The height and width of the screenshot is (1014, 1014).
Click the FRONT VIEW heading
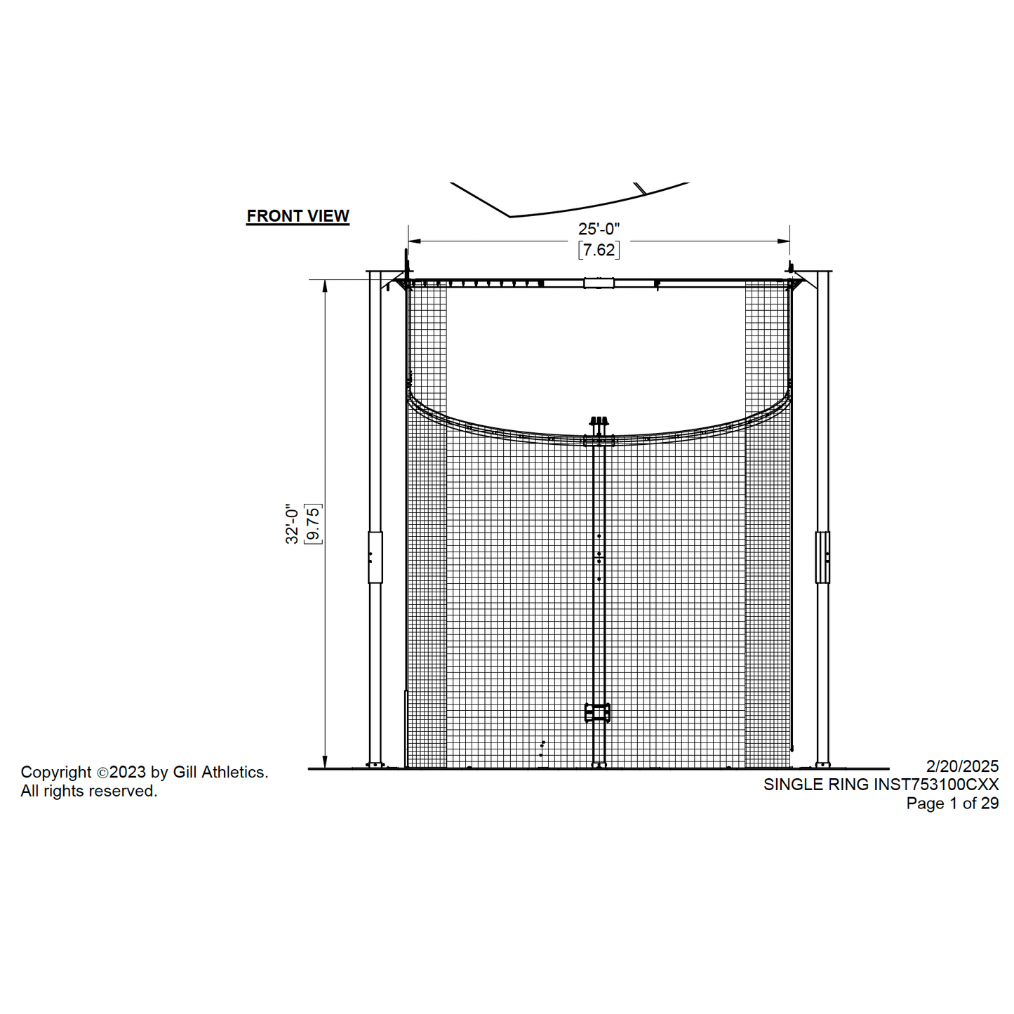click(x=298, y=215)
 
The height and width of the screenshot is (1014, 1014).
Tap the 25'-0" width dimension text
click(x=599, y=229)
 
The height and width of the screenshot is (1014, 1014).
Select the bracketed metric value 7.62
click(x=599, y=249)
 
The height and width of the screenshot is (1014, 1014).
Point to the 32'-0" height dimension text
click(x=292, y=525)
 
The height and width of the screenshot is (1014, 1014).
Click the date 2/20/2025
click(x=962, y=766)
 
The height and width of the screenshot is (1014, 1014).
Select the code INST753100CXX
click(x=936, y=784)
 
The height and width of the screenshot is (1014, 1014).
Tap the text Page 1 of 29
click(x=952, y=803)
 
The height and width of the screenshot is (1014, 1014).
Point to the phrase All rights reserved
click(x=89, y=791)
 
